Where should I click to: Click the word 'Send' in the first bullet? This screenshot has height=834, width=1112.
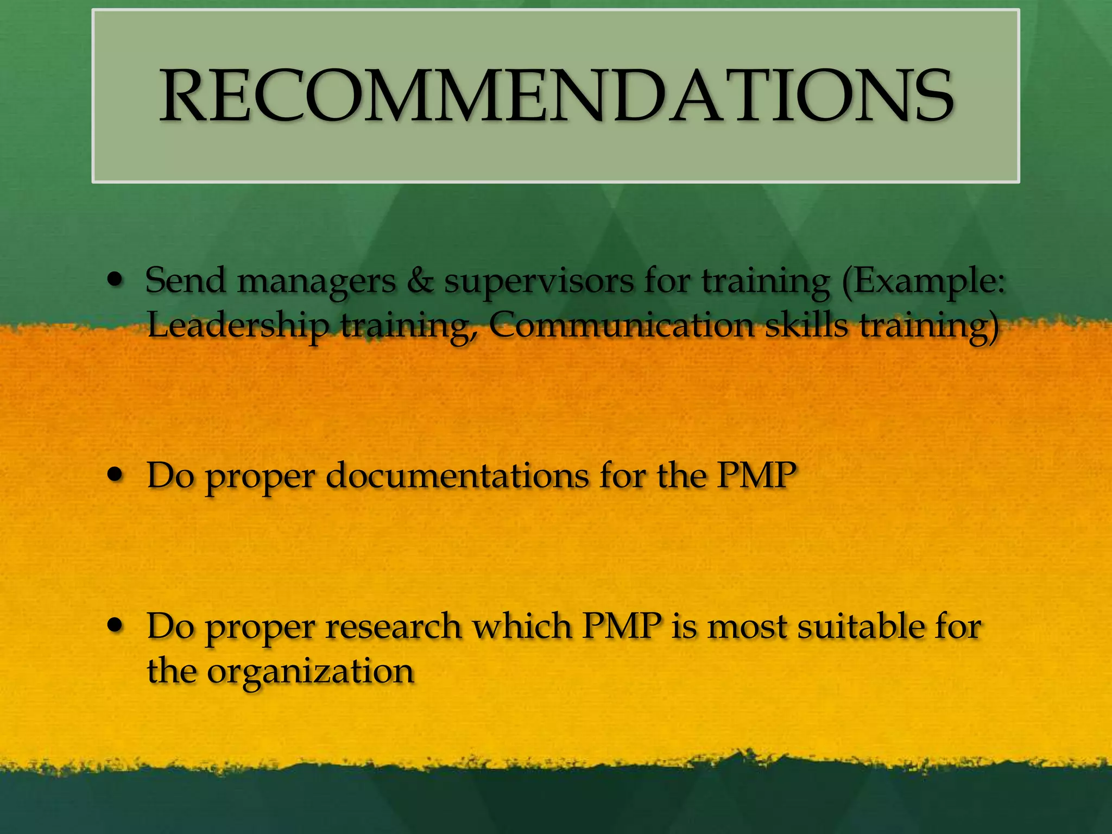[185, 281]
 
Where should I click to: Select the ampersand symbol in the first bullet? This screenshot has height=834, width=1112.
[420, 281]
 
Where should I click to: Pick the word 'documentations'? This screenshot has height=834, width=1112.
[457, 476]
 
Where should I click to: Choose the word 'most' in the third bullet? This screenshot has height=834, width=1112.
[747, 627]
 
